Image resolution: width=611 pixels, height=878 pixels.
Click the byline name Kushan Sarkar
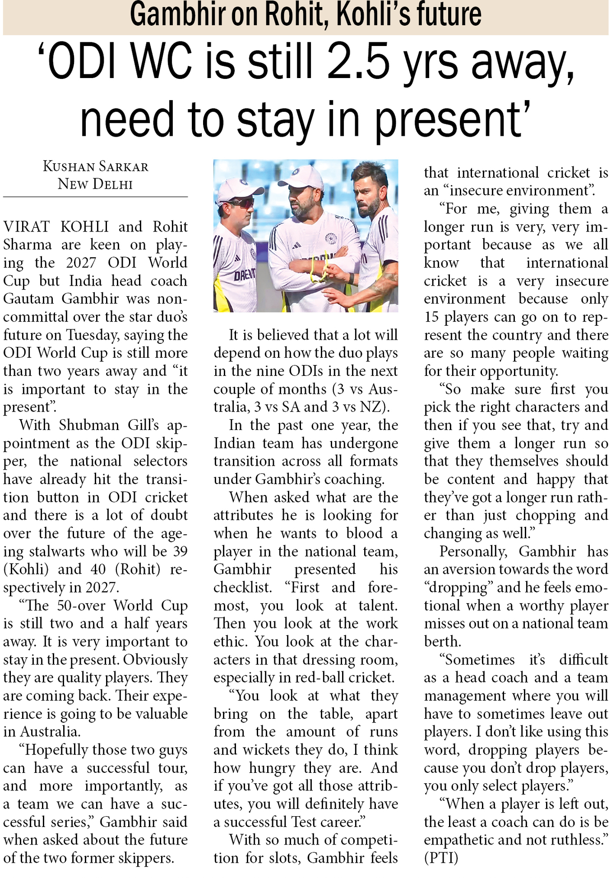[x=95, y=166]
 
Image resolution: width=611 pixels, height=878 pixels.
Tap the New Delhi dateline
[x=95, y=184]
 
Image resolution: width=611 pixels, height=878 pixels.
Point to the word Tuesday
[x=92, y=335]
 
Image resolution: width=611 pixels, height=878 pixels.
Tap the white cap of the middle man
[x=301, y=176]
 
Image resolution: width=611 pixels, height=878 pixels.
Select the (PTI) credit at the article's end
[x=441, y=858]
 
